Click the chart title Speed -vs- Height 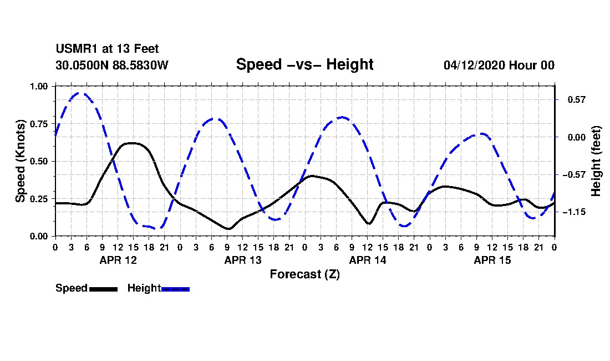[304, 64]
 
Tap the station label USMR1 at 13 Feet [108, 49]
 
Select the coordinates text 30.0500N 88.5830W [112, 65]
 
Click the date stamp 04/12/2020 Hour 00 [499, 65]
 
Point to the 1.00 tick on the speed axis [38, 86]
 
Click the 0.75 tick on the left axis [38, 124]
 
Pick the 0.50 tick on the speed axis [38, 161]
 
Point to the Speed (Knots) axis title [20, 161]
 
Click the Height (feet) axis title [596, 161]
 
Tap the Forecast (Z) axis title [305, 274]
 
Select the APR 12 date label [118, 260]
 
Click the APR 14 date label [368, 260]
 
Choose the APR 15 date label [492, 260]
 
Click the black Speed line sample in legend [104, 289]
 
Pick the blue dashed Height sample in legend [175, 289]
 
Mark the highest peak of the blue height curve [80, 93]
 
